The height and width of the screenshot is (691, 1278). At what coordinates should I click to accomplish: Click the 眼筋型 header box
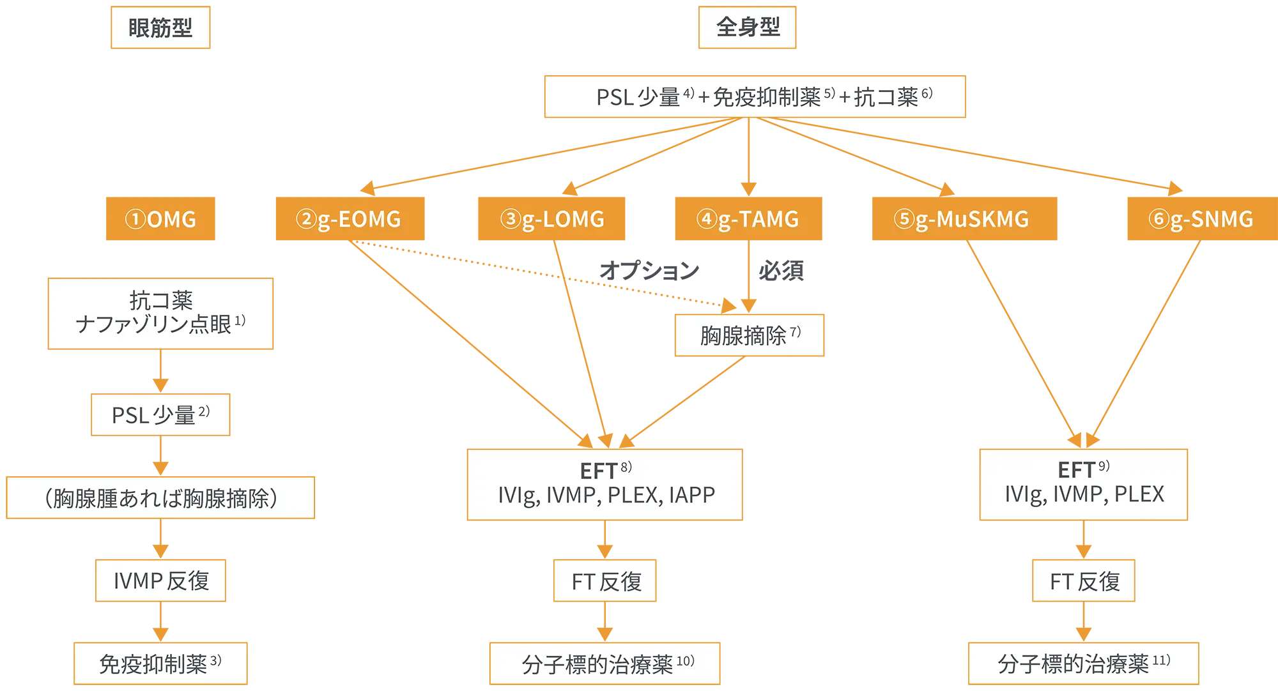(x=160, y=28)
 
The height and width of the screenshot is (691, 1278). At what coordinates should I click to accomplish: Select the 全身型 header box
(x=748, y=27)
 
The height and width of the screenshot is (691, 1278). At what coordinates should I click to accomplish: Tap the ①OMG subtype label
(x=161, y=220)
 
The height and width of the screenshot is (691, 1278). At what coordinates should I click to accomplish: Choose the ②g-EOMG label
(x=349, y=220)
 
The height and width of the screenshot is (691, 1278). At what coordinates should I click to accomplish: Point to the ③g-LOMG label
(x=553, y=220)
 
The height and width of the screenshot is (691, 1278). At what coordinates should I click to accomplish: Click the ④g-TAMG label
(x=748, y=220)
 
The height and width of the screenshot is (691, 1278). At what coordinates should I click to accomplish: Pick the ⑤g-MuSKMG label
(x=962, y=220)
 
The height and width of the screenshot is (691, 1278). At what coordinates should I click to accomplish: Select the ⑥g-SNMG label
(x=1201, y=220)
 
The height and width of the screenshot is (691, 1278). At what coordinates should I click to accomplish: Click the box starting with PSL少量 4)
(x=754, y=97)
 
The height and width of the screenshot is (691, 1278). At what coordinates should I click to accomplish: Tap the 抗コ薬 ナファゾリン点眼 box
(x=160, y=313)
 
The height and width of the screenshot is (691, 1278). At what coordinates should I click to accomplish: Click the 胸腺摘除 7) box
(x=750, y=335)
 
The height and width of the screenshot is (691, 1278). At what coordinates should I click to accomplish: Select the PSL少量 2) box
(x=160, y=415)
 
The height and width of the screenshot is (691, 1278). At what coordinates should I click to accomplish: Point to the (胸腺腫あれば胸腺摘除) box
(x=160, y=498)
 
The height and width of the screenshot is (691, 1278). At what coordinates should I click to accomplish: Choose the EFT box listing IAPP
(x=606, y=484)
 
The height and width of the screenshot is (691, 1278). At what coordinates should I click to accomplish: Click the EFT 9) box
(x=1084, y=483)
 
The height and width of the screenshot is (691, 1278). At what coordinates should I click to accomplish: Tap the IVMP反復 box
(x=160, y=581)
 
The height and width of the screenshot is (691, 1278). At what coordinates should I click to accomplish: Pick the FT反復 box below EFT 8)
(x=606, y=581)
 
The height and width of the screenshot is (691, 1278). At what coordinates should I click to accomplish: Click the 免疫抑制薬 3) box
(x=160, y=664)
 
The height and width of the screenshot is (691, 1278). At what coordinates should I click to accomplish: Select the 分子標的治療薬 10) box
(x=606, y=664)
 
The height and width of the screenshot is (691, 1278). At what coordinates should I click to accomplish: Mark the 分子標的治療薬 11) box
(x=1084, y=664)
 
